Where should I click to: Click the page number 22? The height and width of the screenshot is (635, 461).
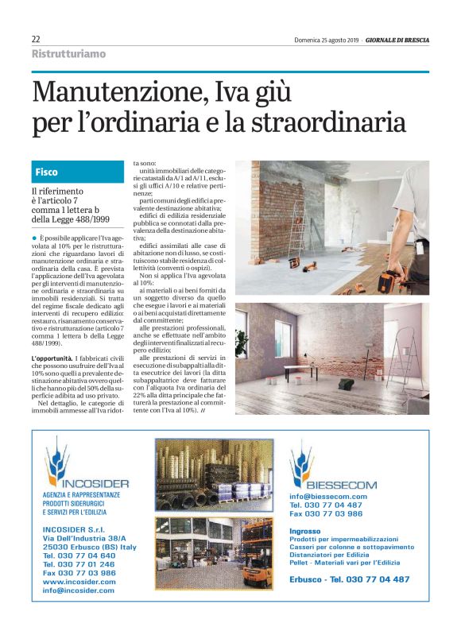pos(37,39)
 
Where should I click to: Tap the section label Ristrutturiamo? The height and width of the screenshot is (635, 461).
pos(68,54)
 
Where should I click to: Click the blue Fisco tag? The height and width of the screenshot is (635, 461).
pos(47,172)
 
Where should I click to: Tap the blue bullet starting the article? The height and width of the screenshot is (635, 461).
pos(34,238)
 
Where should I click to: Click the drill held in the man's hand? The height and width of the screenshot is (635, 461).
pos(389,281)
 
